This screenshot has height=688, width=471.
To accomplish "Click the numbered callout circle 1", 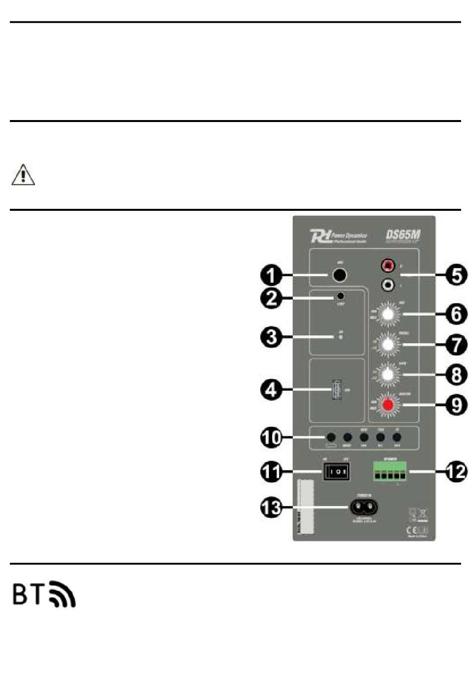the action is pyautogui.click(x=272, y=275).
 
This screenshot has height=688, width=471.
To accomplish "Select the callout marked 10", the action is pyautogui.click(x=272, y=438).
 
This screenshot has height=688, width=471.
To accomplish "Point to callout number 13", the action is pyautogui.click(x=272, y=507).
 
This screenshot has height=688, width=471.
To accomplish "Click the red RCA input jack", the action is pyautogui.click(x=388, y=266).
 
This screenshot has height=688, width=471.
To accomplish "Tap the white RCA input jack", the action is pyautogui.click(x=388, y=285).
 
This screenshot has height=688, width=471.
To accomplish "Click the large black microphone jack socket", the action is pyautogui.click(x=339, y=275).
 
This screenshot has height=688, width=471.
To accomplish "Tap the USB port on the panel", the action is pyautogui.click(x=337, y=390).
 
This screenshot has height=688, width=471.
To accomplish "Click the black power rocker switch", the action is pyautogui.click(x=337, y=471).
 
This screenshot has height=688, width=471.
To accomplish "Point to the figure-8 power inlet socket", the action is pyautogui.click(x=364, y=506).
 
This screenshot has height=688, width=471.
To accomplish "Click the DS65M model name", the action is pyautogui.click(x=403, y=235).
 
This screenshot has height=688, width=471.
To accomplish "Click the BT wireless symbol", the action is pyautogui.click(x=44, y=594).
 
